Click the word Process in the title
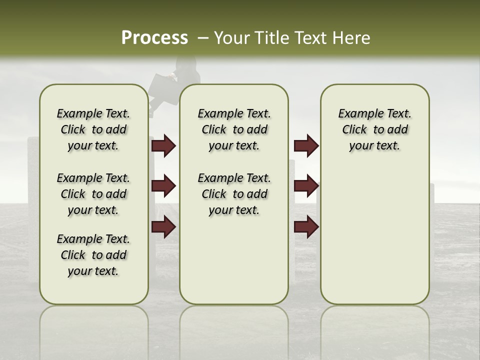pyautogui.click(x=154, y=38)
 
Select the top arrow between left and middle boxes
pyautogui.click(x=163, y=146)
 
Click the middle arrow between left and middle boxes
pyautogui.click(x=163, y=186)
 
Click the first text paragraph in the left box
pyautogui.click(x=93, y=129)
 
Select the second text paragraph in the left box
pyautogui.click(x=93, y=194)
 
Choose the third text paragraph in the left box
pyautogui.click(x=93, y=255)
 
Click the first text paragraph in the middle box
pyautogui.click(x=234, y=129)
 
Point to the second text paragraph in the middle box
pyautogui.click(x=234, y=194)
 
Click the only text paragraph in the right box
pyautogui.click(x=374, y=129)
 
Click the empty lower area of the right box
pyautogui.click(x=374, y=240)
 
